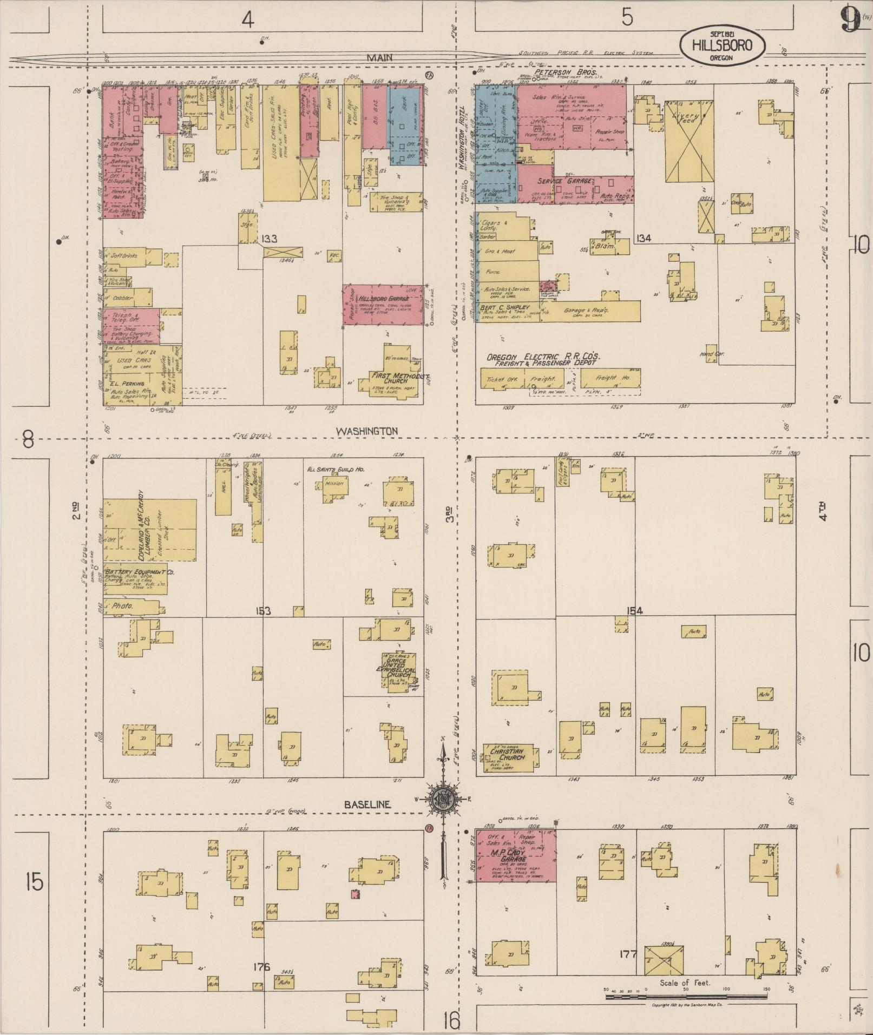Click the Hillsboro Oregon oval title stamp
pos(722,45)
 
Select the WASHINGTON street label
pos(367,431)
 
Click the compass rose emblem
pos(443,799)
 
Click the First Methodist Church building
pos(392,378)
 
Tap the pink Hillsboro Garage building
pos(382,305)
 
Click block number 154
pos(634,610)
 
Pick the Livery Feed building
pos(688,141)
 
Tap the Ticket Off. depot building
pos(502,379)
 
